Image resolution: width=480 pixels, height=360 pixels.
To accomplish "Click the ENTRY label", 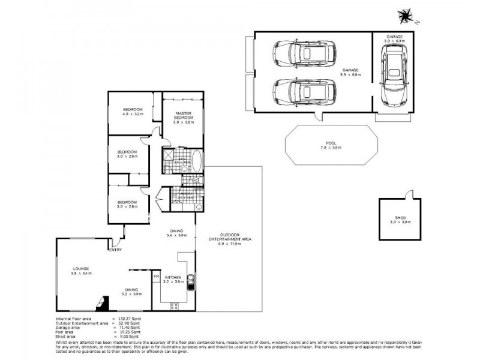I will coord(115,250).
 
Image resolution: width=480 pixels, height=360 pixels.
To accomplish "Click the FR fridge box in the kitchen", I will coord(156,277).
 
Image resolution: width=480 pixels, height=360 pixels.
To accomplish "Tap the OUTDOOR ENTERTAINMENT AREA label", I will coord(230,236).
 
